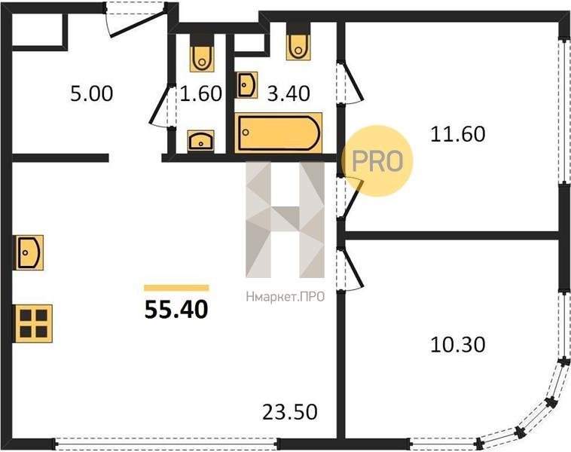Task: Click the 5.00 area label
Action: (x=92, y=93)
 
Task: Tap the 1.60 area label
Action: (x=200, y=93)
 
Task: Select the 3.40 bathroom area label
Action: (x=289, y=93)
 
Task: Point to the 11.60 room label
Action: (x=458, y=134)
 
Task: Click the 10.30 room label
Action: (x=458, y=344)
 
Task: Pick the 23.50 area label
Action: (x=290, y=412)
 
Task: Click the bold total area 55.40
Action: (x=176, y=310)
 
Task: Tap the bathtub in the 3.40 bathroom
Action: (x=279, y=133)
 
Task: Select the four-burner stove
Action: (x=33, y=323)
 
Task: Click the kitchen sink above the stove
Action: (x=29, y=252)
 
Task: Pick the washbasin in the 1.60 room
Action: (x=201, y=141)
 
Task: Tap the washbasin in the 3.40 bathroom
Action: (x=247, y=85)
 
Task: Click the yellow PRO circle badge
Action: (x=377, y=161)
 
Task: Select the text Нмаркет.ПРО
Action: (x=285, y=297)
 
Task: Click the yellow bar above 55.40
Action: (x=176, y=288)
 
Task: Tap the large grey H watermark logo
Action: (x=285, y=220)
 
